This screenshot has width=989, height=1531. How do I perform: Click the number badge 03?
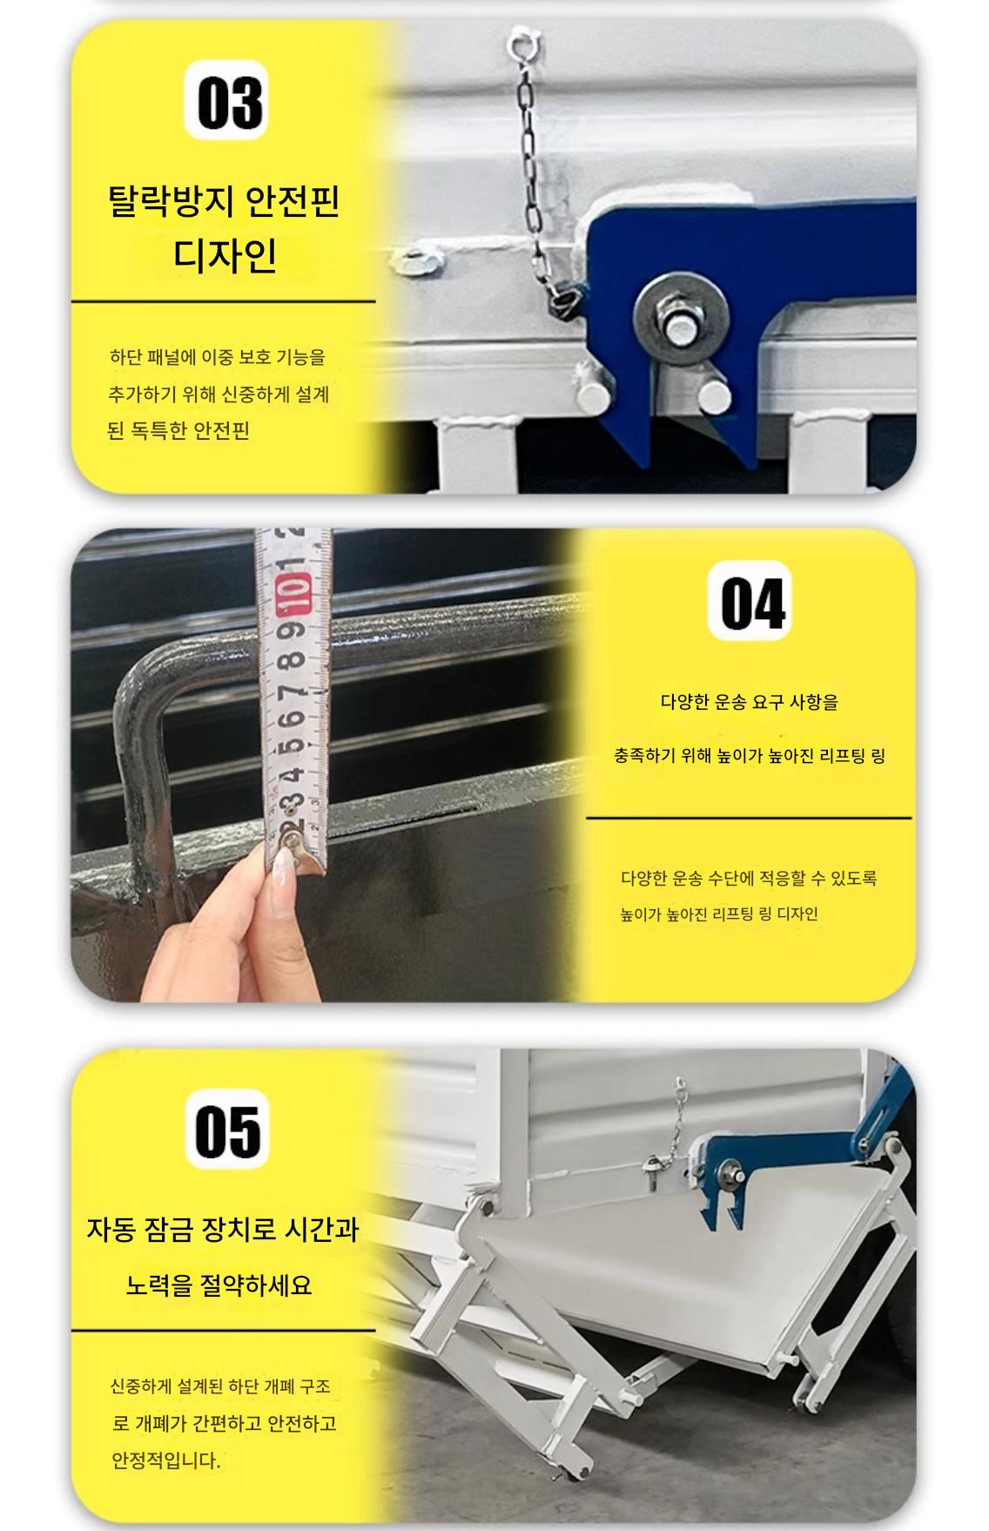pos(225,99)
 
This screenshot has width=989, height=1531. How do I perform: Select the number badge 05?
pos(227,1130)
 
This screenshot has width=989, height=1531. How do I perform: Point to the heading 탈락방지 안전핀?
pos(224,201)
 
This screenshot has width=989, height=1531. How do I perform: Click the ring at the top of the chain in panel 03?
pos(522,39)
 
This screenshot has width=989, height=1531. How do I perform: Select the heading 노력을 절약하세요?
pos(219,1285)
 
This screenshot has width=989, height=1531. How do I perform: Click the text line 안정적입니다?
pos(165,1460)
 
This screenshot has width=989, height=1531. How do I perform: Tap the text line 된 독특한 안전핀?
pos(178,430)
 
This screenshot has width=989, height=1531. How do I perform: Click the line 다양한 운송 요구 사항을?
pos(750,702)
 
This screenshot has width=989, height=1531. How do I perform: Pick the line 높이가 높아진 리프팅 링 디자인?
pos(719,914)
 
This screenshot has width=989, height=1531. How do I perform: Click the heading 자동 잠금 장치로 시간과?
pos(222,1229)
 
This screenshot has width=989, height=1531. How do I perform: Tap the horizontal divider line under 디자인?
pos(224,302)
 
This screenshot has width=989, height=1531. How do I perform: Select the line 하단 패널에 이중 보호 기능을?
pos(218,357)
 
